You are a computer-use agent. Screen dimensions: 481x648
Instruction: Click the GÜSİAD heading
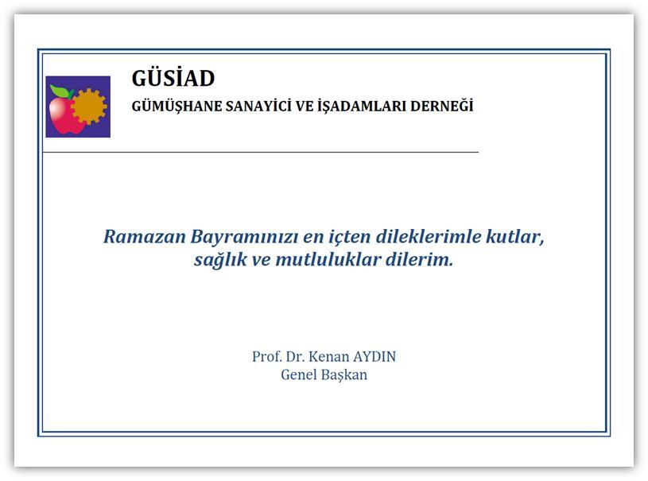click(x=173, y=79)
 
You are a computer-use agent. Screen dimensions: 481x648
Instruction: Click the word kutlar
click(x=518, y=237)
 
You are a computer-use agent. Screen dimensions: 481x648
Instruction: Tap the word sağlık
click(x=219, y=260)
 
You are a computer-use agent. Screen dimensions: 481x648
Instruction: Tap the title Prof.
click(x=266, y=356)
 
